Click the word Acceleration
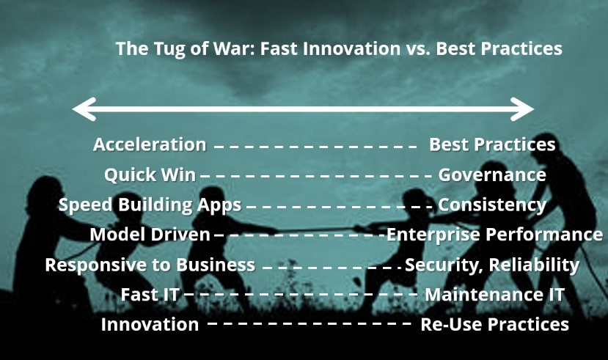[x=150, y=144]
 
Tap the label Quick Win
[x=150, y=175]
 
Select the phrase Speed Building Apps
[x=150, y=205]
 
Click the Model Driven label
[x=150, y=235]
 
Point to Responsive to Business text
[x=150, y=265]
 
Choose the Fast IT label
[x=150, y=295]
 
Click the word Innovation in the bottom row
[x=150, y=324]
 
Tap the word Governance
[x=492, y=175]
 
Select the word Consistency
[x=492, y=205]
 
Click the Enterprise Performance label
[x=495, y=235]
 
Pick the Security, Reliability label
[x=492, y=265]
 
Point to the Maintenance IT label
[x=494, y=295]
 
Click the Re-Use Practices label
[x=495, y=324]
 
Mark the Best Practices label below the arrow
[x=492, y=144]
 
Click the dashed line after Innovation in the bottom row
[x=310, y=323]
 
